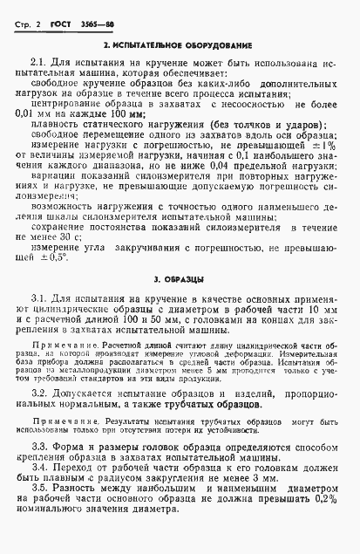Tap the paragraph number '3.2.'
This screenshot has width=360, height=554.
coord(40,394)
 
